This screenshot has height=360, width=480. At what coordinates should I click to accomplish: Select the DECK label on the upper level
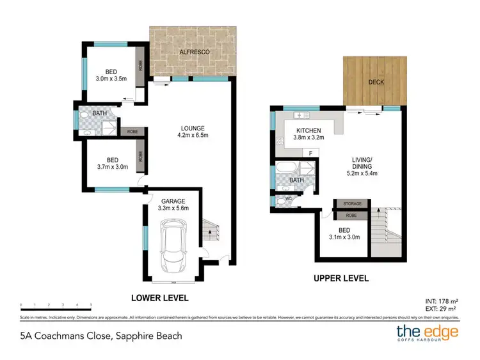(x=374, y=82)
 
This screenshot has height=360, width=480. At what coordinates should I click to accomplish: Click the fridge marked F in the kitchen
(x=310, y=153)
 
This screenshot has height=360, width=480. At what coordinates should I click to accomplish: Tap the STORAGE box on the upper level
(x=352, y=204)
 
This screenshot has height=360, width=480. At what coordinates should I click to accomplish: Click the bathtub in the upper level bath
(x=285, y=171)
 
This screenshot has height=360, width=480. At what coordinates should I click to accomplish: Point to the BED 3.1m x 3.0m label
(x=344, y=233)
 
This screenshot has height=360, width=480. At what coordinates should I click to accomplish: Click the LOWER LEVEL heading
(x=160, y=298)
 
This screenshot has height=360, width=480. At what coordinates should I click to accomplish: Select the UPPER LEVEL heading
(x=342, y=279)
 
